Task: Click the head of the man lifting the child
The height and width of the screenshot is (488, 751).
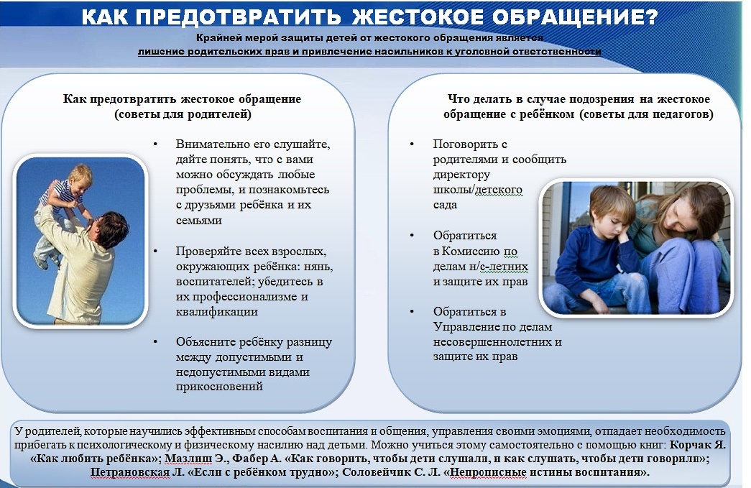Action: (x=110, y=229)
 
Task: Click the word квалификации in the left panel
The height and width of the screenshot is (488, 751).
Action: (x=216, y=312)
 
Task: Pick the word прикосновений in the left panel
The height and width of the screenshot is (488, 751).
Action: (x=219, y=387)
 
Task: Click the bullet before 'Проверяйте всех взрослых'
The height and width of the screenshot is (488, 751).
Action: (x=155, y=250)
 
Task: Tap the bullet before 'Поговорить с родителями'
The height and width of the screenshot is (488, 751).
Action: (x=412, y=144)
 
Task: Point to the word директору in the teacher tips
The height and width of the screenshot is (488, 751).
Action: (x=461, y=175)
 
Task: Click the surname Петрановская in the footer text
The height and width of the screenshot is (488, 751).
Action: (x=129, y=472)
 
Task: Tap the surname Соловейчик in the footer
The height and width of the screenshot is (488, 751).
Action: (x=377, y=472)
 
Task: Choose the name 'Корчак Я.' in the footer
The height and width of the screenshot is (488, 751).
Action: (x=697, y=445)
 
